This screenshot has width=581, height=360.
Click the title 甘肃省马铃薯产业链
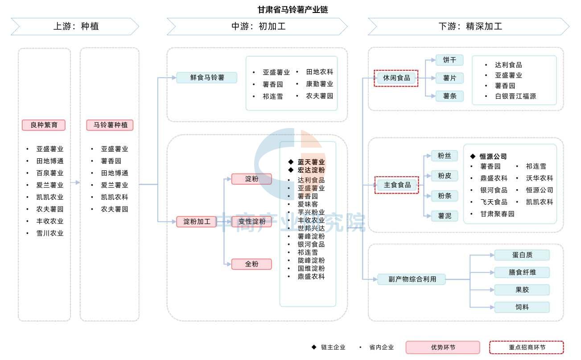(293, 10)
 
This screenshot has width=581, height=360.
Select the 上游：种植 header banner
(75, 26)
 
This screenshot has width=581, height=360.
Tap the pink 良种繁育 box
(44, 125)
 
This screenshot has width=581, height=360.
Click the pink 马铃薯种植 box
(110, 125)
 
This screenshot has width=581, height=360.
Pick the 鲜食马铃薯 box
(207, 78)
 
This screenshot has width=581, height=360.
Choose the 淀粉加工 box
(196, 222)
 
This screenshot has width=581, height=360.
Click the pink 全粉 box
(251, 264)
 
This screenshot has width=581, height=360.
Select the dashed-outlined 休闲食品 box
(396, 78)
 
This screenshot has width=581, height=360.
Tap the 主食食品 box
(397, 185)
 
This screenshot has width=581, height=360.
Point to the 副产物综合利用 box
(412, 279)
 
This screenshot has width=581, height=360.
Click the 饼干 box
(449, 60)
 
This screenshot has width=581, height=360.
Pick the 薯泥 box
(444, 216)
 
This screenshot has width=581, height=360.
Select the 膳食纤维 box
(522, 273)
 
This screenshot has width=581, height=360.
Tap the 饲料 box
(522, 307)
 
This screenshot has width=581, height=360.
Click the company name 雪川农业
(50, 233)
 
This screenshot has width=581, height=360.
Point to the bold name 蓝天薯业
(311, 162)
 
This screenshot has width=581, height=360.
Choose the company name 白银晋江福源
(515, 96)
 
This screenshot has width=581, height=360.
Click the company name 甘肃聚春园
(497, 214)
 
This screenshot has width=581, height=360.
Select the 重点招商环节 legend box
(527, 348)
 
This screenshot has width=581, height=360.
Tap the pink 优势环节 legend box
(443, 348)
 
